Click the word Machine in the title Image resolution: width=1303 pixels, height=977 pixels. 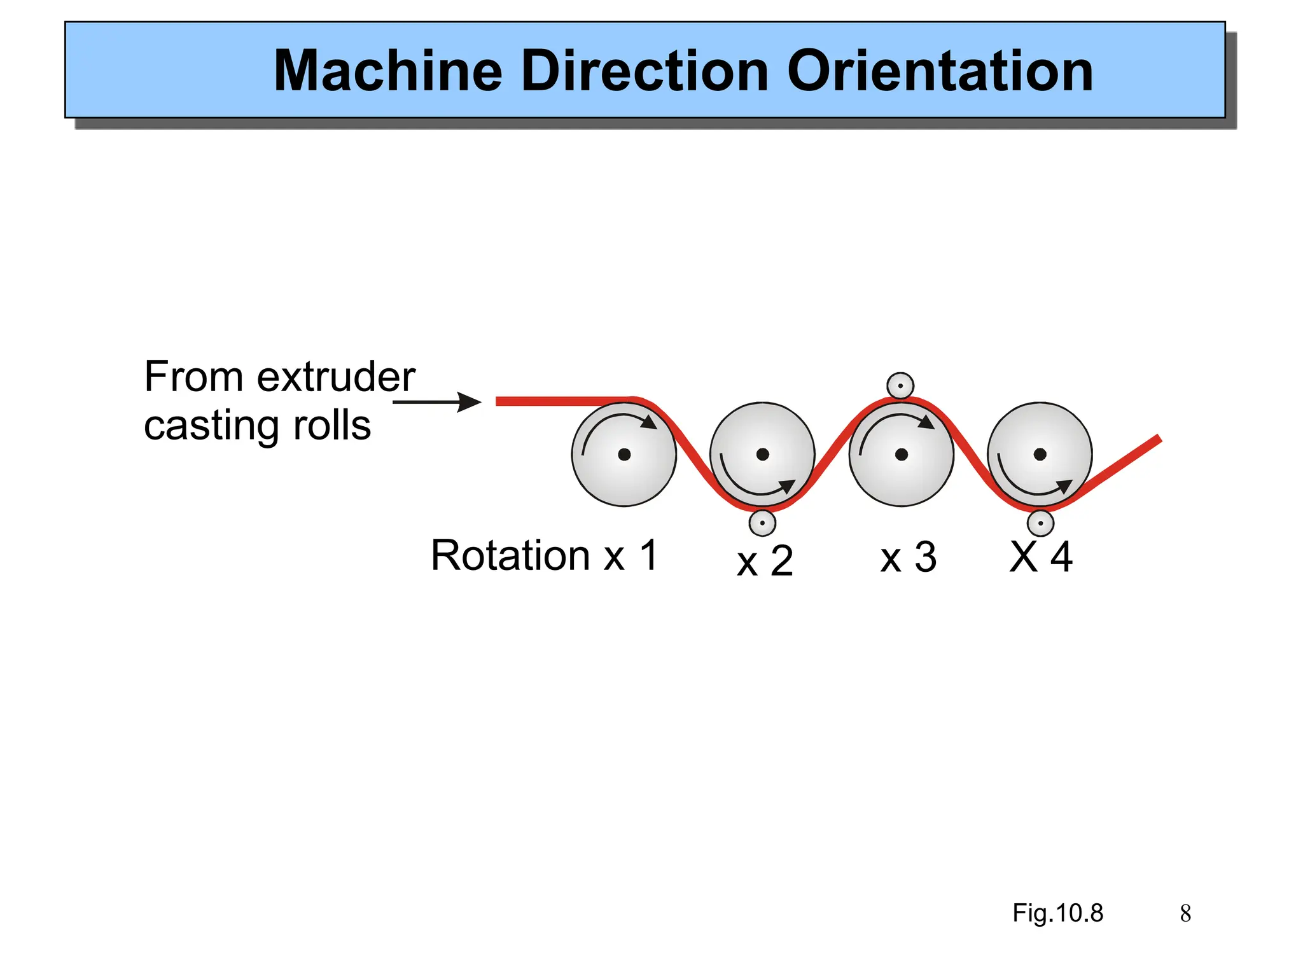(388, 71)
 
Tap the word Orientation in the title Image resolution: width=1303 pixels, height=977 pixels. (940, 71)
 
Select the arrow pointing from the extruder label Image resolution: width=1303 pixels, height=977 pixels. (437, 402)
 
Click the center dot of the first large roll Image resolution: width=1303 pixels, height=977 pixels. (624, 454)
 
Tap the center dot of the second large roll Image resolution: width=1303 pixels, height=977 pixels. (763, 454)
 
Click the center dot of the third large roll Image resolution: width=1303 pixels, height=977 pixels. (902, 454)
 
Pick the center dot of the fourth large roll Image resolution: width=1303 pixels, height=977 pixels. (1040, 454)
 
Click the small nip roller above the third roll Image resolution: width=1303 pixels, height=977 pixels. (900, 385)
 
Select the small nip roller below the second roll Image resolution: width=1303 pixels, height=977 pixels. (762, 523)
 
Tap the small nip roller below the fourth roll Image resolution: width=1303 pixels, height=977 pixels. (1040, 523)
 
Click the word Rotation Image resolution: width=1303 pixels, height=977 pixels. (511, 555)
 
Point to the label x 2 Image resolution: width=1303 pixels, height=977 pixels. (765, 561)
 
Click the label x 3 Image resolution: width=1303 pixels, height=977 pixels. (909, 558)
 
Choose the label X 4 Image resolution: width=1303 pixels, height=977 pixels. (1042, 557)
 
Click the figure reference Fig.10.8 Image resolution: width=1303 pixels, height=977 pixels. (1057, 913)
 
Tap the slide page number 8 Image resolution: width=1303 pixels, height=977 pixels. (1185, 914)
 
